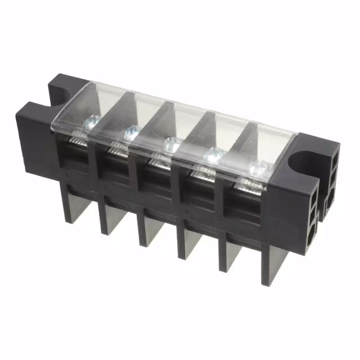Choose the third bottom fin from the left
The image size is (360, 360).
point(146,231)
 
